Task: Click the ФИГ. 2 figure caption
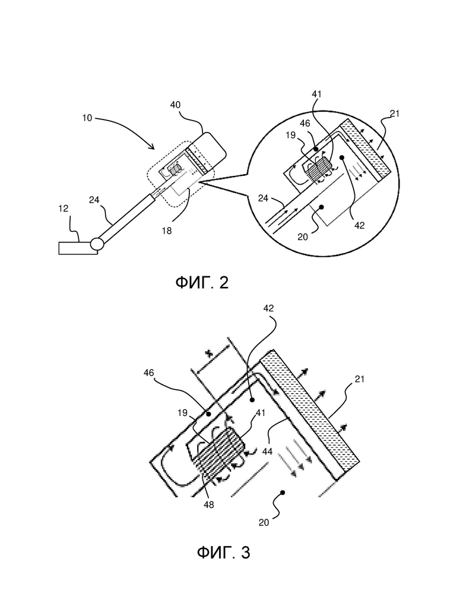pyautogui.click(x=202, y=282)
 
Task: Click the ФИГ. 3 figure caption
pyautogui.click(x=223, y=553)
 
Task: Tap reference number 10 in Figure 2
pyautogui.click(x=87, y=118)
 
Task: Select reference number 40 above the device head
pyautogui.click(x=175, y=105)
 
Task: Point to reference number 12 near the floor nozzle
pyautogui.click(x=64, y=209)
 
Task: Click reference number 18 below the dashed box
pyautogui.click(x=167, y=231)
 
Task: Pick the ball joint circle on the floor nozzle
pyautogui.click(x=97, y=244)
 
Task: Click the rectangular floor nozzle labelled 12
pyautogui.click(x=76, y=248)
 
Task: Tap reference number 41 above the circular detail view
pyautogui.click(x=316, y=94)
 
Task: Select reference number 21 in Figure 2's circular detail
pyautogui.click(x=395, y=113)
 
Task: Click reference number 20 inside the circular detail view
pyautogui.click(x=303, y=237)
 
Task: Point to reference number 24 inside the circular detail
pyautogui.click(x=263, y=198)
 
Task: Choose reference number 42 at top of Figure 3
pyautogui.click(x=268, y=308)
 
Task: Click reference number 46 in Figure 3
pyautogui.click(x=149, y=373)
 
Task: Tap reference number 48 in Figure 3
pyautogui.click(x=209, y=505)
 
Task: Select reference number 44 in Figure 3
pyautogui.click(x=267, y=452)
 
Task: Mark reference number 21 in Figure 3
pyautogui.click(x=360, y=379)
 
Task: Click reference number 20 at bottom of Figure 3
pyautogui.click(x=264, y=522)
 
